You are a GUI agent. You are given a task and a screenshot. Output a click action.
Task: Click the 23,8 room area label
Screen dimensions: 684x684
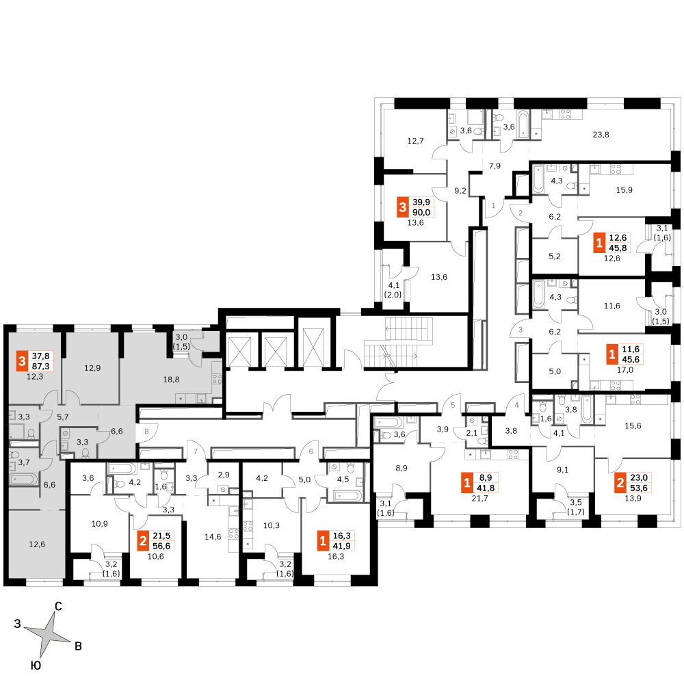601,135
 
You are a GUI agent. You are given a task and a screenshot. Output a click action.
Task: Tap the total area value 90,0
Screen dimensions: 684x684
421,213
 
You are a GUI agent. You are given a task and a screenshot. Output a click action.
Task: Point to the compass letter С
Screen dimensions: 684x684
58,606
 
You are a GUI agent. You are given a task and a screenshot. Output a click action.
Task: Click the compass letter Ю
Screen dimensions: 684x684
36,666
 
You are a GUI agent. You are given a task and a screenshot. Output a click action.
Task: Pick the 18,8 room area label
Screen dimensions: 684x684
172,380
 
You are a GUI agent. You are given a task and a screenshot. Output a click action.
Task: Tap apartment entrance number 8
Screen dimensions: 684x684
146,432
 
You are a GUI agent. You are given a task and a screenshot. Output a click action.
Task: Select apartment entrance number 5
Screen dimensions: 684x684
453,405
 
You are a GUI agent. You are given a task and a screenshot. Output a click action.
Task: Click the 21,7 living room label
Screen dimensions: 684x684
480,498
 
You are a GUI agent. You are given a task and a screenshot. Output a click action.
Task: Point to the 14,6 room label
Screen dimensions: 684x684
213,537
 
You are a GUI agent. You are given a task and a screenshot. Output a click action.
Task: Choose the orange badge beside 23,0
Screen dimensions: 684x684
620,483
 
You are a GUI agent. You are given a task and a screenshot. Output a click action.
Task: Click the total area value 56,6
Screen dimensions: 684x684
161,546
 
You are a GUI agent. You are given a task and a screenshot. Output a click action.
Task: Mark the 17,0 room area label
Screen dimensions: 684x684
624,370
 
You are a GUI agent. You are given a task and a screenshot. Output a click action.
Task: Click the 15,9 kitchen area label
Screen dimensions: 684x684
624,190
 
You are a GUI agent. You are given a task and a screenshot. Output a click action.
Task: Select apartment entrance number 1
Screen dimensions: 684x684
494,205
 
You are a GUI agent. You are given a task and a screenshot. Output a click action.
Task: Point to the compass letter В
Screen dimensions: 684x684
79,646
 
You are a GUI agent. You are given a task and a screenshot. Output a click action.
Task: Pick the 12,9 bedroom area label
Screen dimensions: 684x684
92,368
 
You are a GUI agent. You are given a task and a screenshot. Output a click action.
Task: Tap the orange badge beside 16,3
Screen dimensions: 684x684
323,541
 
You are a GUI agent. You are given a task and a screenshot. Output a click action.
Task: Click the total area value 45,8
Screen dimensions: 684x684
618,248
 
